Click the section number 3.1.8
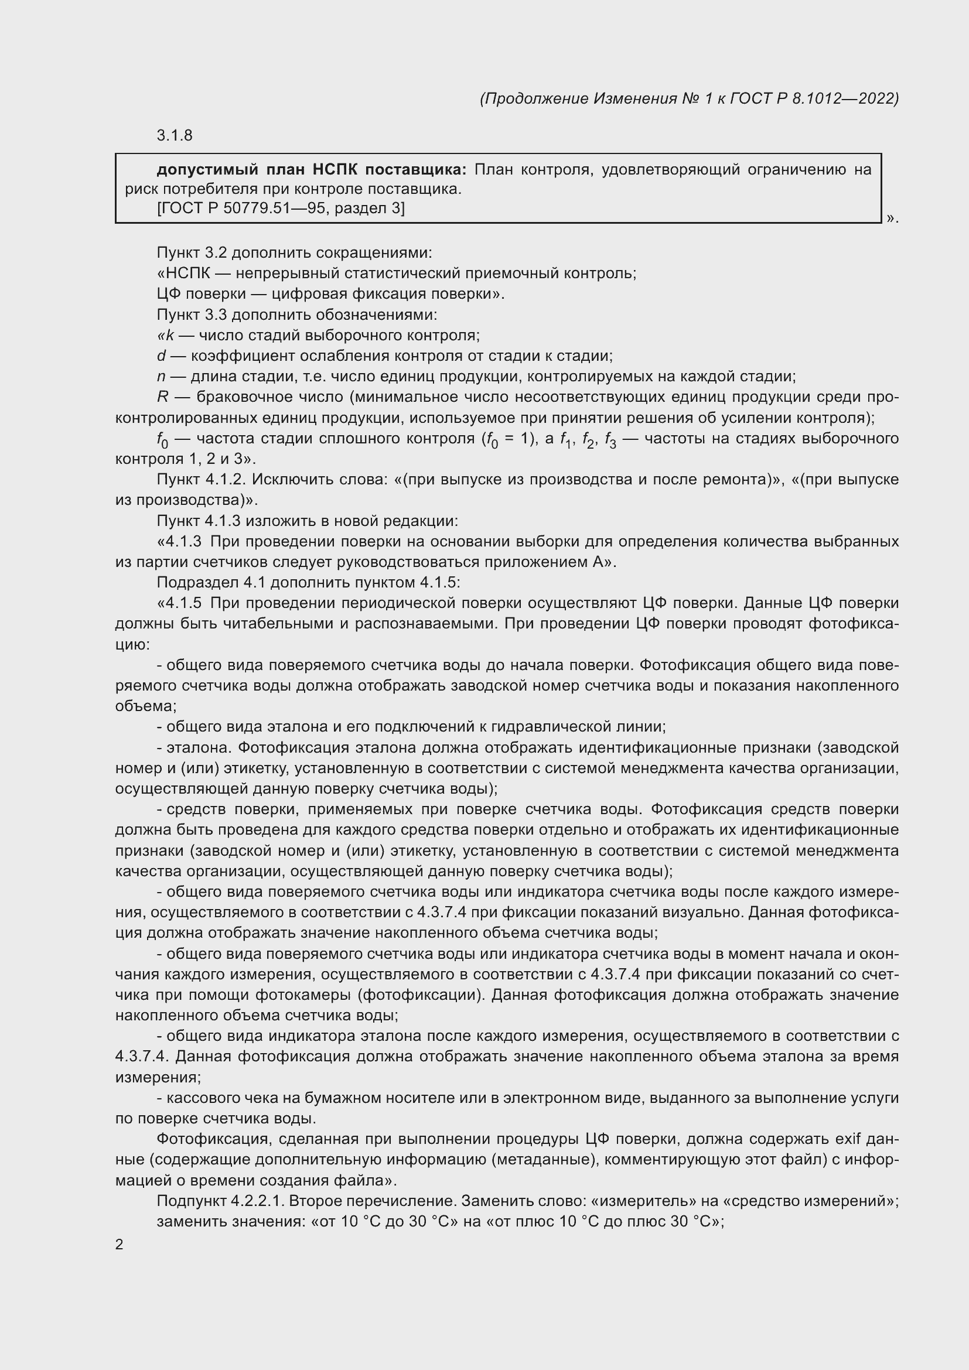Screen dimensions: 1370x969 point(174,135)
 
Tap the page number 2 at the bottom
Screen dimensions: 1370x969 point(120,1244)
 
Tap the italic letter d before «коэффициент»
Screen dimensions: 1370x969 point(161,356)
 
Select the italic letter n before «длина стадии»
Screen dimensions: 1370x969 point(161,377)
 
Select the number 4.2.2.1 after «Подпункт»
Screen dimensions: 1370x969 point(263,1201)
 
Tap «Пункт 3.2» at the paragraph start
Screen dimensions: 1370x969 point(192,253)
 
